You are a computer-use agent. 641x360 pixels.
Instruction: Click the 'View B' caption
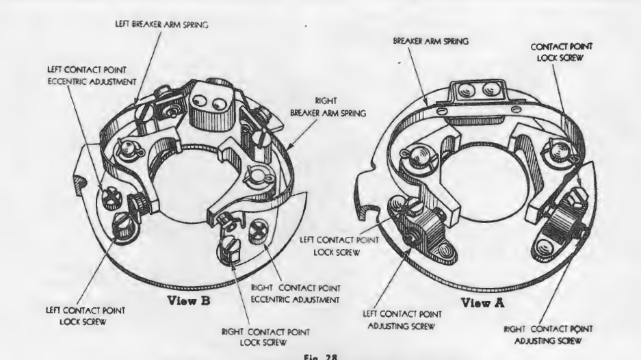189,301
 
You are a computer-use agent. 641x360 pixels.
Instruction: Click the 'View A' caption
482,303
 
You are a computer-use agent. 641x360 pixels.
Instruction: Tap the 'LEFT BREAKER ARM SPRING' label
161,24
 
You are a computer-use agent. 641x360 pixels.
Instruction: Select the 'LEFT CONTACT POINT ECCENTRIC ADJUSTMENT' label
92,76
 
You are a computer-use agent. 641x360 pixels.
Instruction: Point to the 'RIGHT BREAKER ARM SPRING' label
328,107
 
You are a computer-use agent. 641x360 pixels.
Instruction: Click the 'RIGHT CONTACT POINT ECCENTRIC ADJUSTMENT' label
295,294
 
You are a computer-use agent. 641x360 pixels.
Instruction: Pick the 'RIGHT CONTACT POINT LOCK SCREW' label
265,337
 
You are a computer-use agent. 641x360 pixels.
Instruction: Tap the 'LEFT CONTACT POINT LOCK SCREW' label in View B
85,316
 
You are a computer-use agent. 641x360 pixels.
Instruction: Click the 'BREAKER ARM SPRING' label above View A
430,41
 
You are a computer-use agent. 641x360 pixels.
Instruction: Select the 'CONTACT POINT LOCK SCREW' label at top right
561,52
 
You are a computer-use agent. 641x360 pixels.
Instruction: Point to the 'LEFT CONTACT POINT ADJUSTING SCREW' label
402,320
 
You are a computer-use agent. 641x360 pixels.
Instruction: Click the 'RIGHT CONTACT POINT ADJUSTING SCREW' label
548,335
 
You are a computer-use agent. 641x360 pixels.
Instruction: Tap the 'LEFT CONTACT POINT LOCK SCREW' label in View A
339,246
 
